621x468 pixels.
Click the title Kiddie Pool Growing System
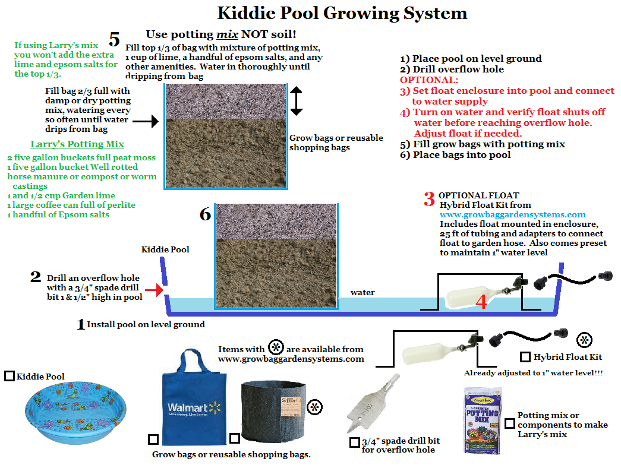(x=342, y=14)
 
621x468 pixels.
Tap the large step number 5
(x=115, y=40)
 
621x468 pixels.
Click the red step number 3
(x=429, y=199)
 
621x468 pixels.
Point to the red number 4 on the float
(x=481, y=302)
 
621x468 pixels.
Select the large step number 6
(x=205, y=214)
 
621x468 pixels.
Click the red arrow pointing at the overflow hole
(x=154, y=290)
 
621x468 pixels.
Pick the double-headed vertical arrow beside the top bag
(x=297, y=101)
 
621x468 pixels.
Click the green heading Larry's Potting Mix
(x=77, y=144)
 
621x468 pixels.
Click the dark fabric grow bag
(x=274, y=411)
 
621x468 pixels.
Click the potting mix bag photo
(x=482, y=420)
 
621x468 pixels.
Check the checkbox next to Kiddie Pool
(x=9, y=376)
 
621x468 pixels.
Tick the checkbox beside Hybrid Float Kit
(x=525, y=357)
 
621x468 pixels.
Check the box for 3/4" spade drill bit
(x=354, y=442)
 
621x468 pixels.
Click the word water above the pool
(x=362, y=293)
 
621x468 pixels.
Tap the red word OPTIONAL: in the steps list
(x=429, y=80)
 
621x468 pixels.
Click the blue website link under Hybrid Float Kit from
(x=512, y=214)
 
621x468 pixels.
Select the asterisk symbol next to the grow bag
(x=315, y=407)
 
